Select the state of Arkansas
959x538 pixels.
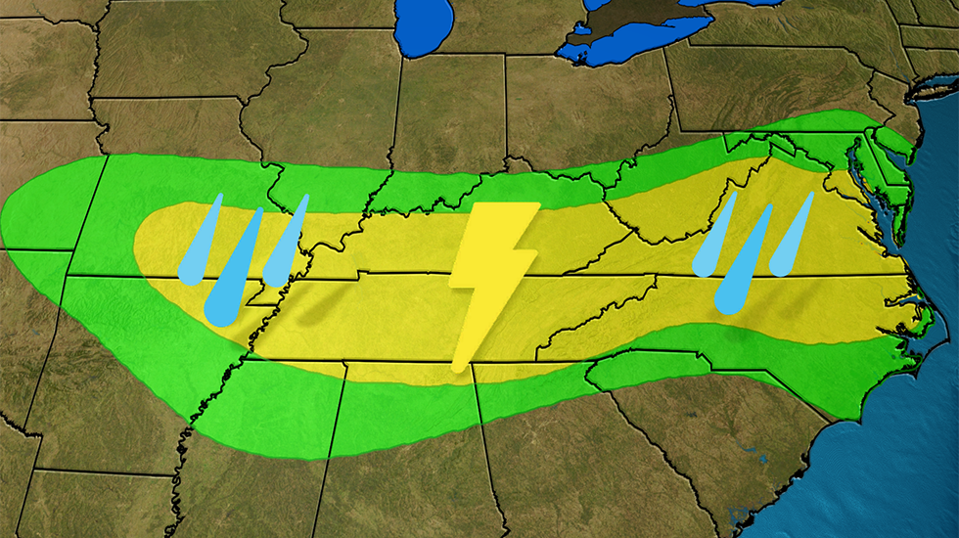click(x=147, y=333)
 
